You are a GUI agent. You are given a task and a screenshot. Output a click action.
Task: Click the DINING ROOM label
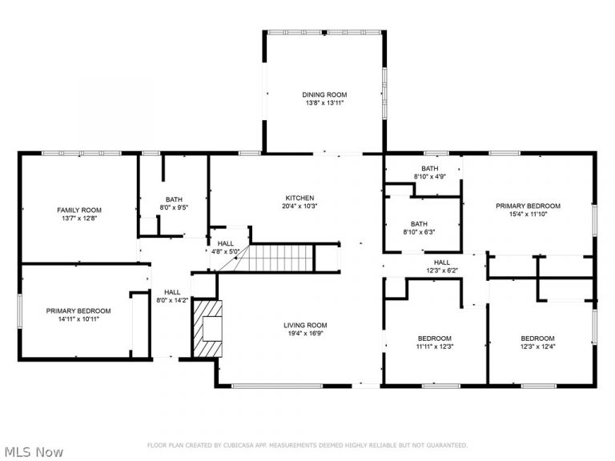coord(324,94)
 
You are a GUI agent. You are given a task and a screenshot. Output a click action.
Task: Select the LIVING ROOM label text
coord(305,325)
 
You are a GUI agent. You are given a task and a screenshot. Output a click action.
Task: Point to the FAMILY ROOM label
coord(78,210)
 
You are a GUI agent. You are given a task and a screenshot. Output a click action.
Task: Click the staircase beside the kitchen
coord(280,258)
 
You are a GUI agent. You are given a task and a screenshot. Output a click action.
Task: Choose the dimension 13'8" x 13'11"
coord(324,103)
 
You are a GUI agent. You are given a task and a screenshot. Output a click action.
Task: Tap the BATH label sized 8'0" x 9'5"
coord(174,200)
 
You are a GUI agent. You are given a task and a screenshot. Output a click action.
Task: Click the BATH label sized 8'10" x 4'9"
coord(430,168)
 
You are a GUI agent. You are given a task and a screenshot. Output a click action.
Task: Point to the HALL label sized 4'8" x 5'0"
coord(225,243)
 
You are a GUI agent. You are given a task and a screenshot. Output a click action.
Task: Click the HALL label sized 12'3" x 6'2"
coord(441,262)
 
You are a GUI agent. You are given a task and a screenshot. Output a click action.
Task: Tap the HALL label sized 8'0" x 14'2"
coord(172,292)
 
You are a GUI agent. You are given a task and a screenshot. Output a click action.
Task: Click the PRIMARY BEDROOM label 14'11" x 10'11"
coord(78,311)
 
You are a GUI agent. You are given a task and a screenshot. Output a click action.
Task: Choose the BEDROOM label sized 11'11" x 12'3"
coord(433,338)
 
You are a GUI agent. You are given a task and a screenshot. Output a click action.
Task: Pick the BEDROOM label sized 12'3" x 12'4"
coord(537,338)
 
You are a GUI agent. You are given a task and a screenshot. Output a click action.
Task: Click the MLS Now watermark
coord(33,452)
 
